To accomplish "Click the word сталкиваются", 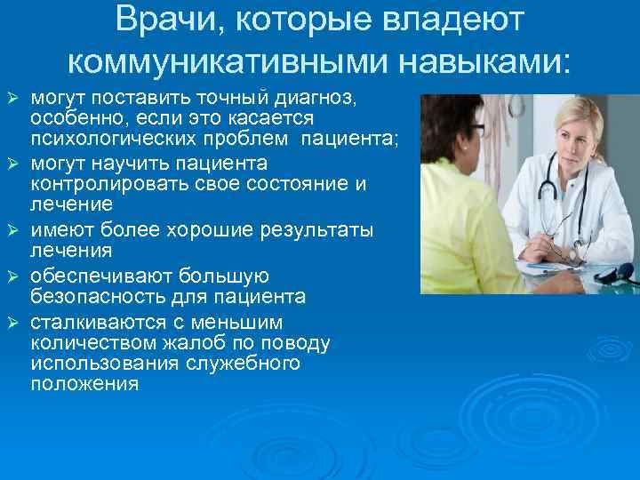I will [x=89, y=321].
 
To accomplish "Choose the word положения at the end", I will [x=84, y=385].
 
